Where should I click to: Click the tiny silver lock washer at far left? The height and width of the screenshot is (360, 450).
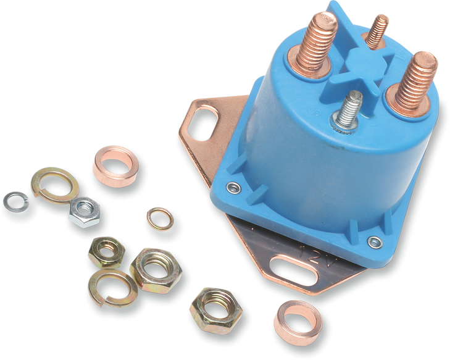tap(16, 202)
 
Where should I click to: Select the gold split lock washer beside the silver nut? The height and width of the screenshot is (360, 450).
tap(54, 184)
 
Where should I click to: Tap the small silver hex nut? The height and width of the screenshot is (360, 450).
tap(85, 212)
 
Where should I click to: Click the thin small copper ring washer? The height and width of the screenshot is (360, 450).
tap(160, 219)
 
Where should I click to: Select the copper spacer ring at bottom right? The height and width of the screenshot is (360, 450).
tap(298, 322)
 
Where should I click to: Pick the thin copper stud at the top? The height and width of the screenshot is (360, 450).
tap(376, 31)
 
